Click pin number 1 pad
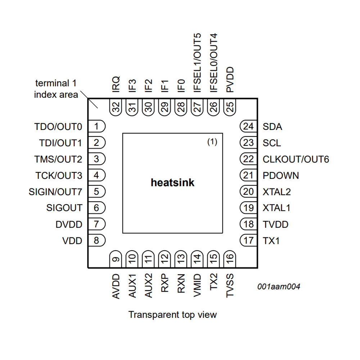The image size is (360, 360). [97, 126]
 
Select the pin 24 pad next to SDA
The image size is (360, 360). [248, 126]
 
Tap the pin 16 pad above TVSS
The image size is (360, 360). [230, 258]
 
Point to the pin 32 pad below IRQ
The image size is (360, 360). [116, 107]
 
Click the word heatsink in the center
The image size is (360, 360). [172, 183]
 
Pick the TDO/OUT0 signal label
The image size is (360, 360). [58, 127]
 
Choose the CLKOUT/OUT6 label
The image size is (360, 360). [296, 159]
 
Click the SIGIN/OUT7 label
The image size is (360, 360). [55, 192]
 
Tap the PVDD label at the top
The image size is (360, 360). [230, 80]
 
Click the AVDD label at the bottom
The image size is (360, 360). [116, 286]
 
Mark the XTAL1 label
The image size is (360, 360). [276, 208]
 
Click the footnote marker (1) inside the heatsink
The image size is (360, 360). [212, 142]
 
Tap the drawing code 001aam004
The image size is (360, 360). [279, 287]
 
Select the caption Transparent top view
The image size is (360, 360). [173, 315]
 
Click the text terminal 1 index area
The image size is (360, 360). [56, 89]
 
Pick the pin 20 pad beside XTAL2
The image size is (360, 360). [248, 192]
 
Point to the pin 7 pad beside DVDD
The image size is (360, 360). [97, 224]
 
